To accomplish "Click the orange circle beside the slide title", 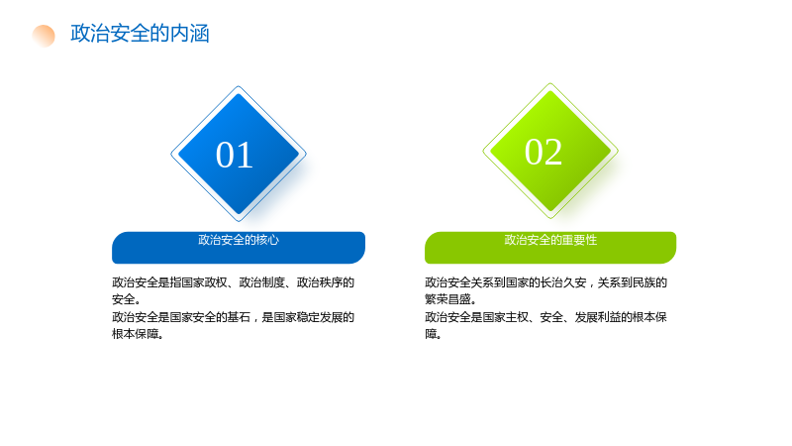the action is [x=44, y=36].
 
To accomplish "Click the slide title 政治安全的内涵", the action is [x=140, y=34].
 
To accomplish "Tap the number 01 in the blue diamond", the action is [x=235, y=155].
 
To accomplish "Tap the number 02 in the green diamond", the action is [x=544, y=152].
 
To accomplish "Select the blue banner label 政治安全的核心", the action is [x=239, y=240].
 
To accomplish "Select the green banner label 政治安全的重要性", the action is [x=550, y=240].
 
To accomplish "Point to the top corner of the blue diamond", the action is [x=239, y=86].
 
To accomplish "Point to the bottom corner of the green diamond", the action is [x=550, y=218].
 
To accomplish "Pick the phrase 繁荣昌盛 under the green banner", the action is [x=448, y=299].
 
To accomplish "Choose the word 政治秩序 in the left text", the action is [x=320, y=282].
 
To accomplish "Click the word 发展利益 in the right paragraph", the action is [x=598, y=317].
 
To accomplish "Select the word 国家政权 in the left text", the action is [x=204, y=282].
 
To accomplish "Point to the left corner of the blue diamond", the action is [x=171, y=154].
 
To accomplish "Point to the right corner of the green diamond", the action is [x=618, y=151].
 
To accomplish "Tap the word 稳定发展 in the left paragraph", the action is [x=320, y=317].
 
